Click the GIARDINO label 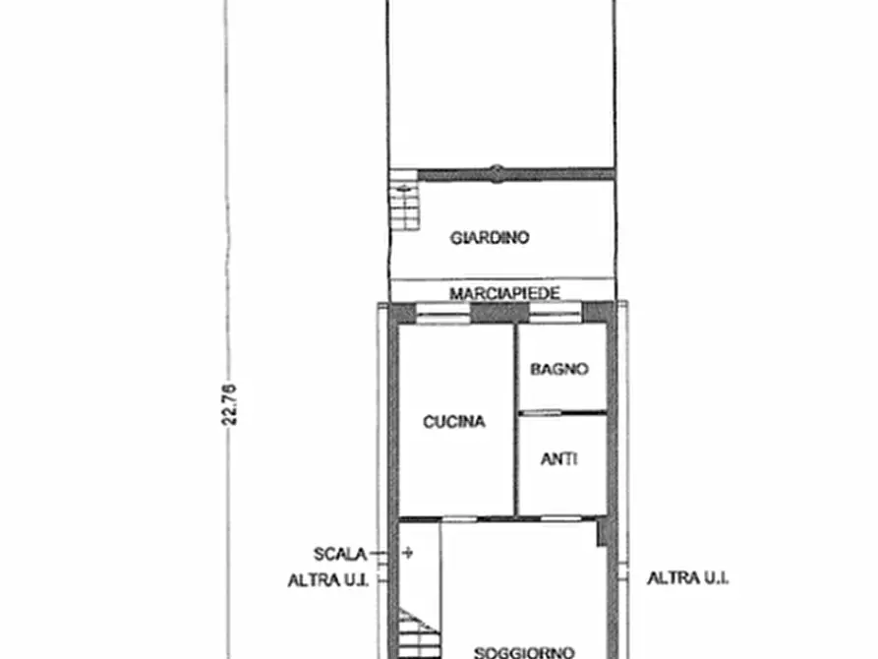click(x=490, y=238)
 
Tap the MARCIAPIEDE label click(x=504, y=293)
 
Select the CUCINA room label click(x=454, y=421)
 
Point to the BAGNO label click(x=559, y=369)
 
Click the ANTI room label click(x=558, y=459)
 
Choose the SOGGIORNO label click(x=524, y=652)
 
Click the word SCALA click(x=340, y=554)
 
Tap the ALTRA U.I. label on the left click(x=328, y=580)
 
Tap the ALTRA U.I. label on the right click(x=687, y=577)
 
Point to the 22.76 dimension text click(x=230, y=404)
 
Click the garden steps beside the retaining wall click(x=404, y=200)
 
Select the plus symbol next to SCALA click(x=408, y=553)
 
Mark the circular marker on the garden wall click(x=497, y=174)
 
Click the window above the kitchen click(x=443, y=312)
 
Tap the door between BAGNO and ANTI click(x=541, y=413)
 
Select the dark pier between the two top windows click(x=493, y=312)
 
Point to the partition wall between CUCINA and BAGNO click(x=516, y=419)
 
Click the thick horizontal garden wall click(x=516, y=174)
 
